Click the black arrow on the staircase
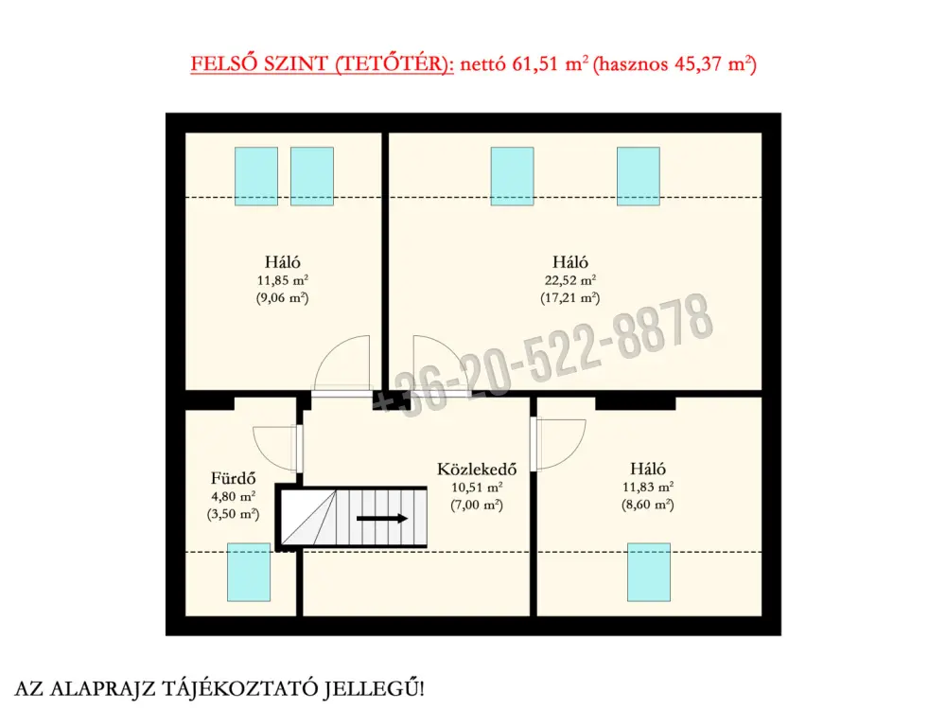(382, 518)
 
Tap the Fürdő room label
(233, 478)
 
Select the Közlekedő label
(477, 470)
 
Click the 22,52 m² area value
(570, 280)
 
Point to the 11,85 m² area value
(282, 280)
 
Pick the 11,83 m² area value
(648, 487)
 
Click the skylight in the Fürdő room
(249, 572)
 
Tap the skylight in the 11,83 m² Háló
(649, 572)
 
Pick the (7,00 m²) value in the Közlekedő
(477, 505)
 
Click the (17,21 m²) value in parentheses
(570, 297)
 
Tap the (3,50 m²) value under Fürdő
(233, 514)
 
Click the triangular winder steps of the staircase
(309, 518)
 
